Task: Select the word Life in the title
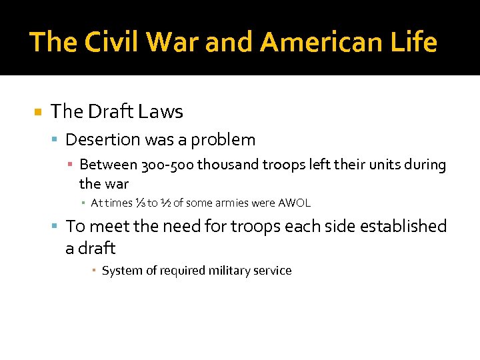[x=413, y=42]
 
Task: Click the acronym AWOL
[x=293, y=203]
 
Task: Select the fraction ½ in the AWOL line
[x=164, y=203]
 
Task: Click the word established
[x=403, y=227]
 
